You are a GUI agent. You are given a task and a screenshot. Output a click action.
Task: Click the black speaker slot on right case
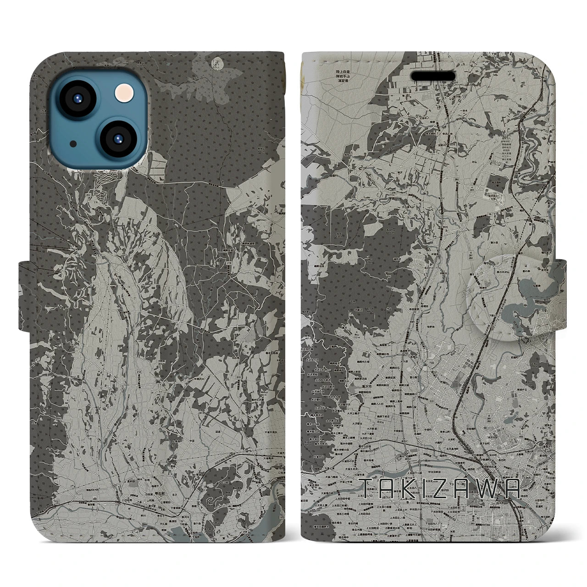tap(432, 76)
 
